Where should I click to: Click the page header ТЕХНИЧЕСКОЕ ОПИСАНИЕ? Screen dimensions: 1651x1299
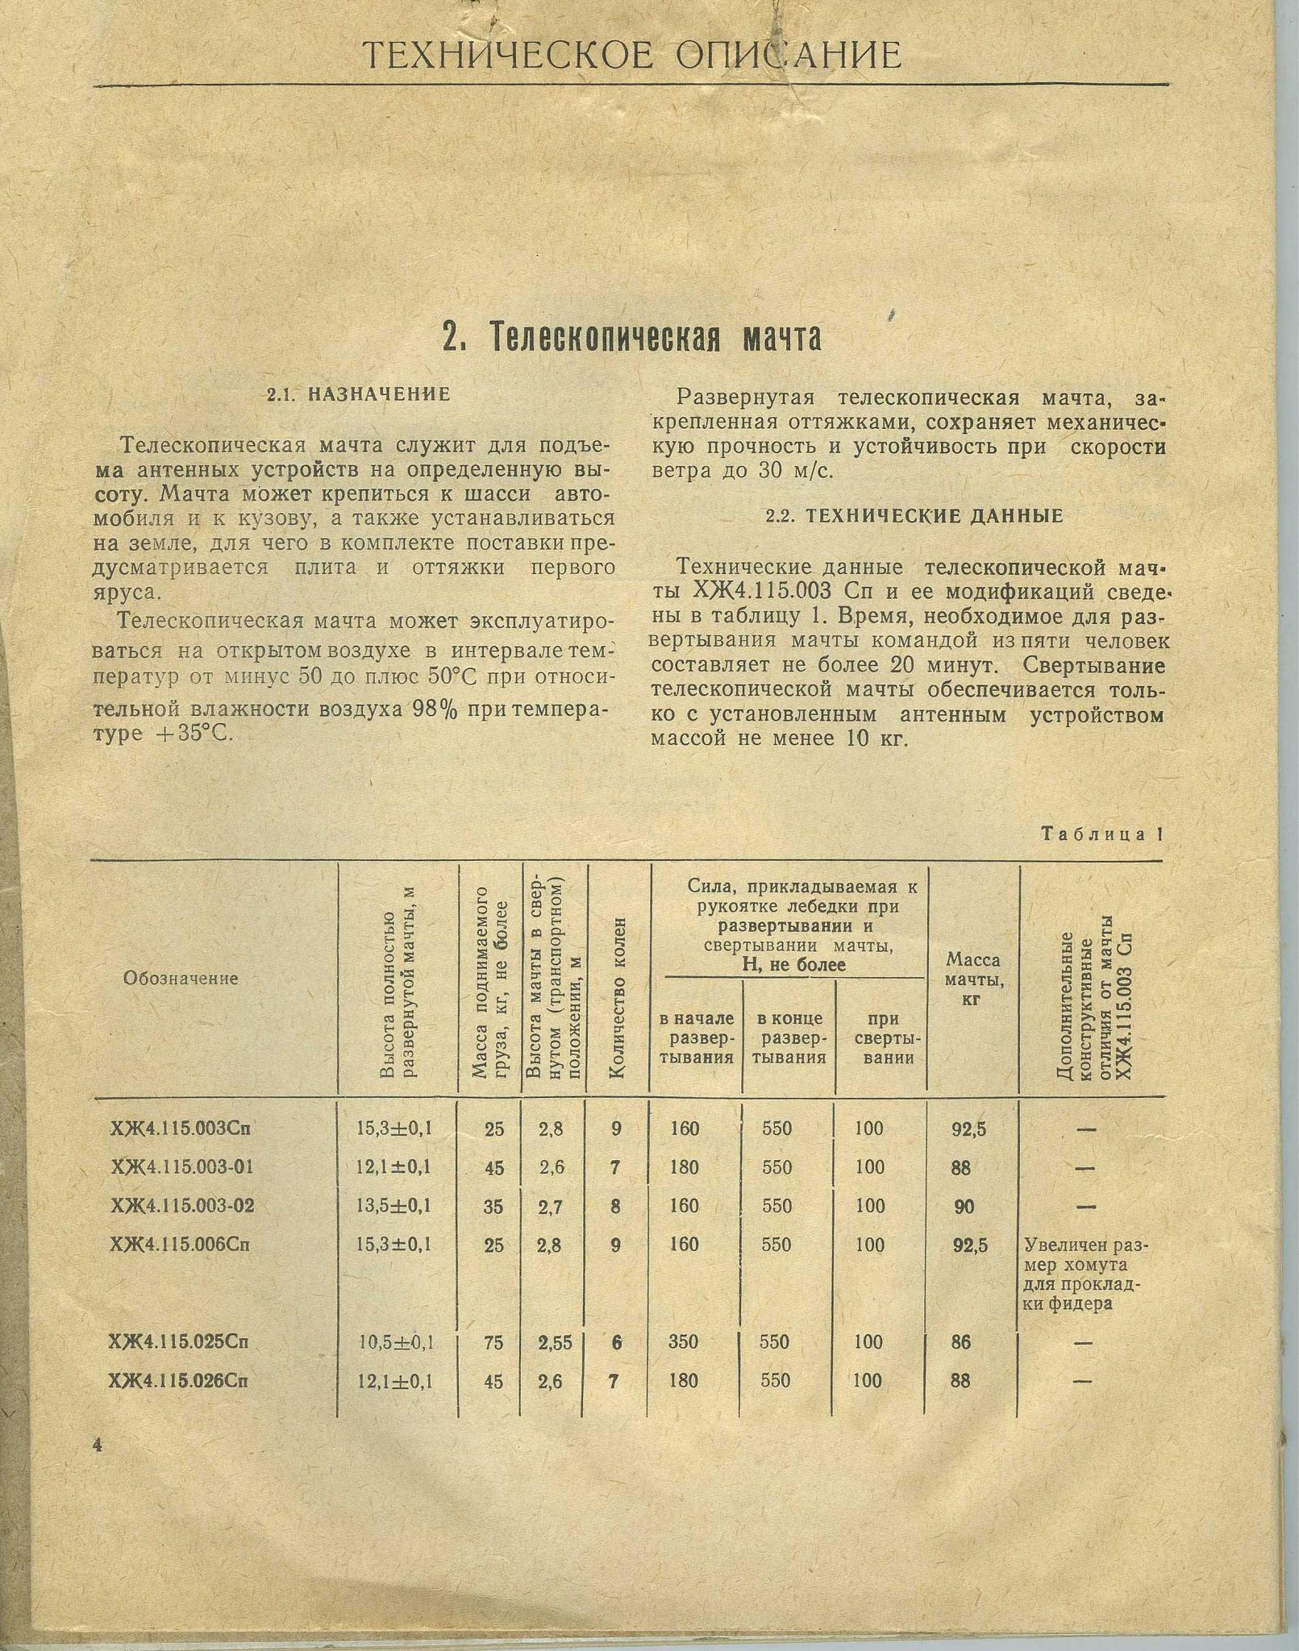[631, 55]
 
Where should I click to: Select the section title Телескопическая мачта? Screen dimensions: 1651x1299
[632, 337]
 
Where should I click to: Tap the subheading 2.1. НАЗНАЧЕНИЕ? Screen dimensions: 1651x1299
[358, 394]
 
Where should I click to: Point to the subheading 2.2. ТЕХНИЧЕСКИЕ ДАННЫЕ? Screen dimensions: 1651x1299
[914, 517]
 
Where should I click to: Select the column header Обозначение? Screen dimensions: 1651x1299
[181, 979]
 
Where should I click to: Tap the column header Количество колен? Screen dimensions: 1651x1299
[618, 997]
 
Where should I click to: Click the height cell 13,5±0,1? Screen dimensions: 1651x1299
[393, 1206]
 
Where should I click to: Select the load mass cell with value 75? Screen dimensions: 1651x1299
[493, 1342]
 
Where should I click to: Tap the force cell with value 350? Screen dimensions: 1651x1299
[684, 1341]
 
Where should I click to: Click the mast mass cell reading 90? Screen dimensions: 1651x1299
[964, 1207]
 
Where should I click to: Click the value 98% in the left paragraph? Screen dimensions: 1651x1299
[437, 709]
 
